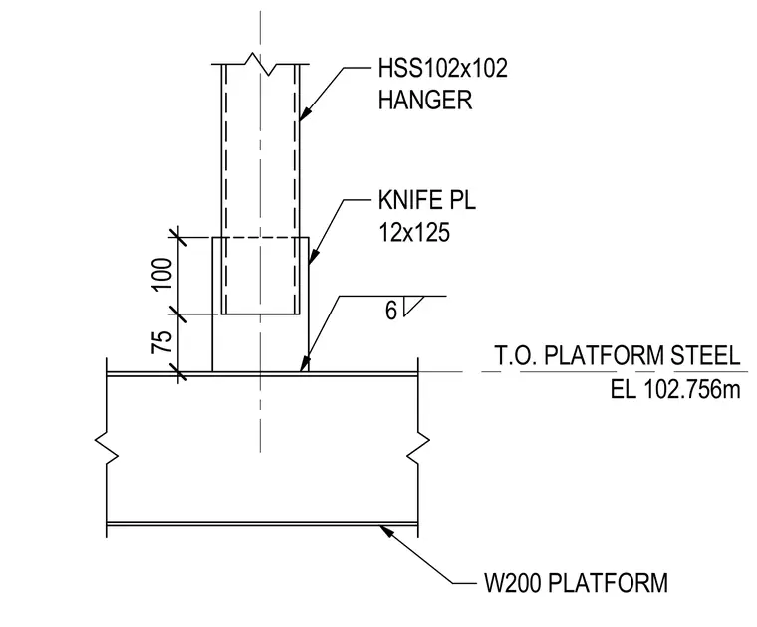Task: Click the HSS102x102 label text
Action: tap(442, 68)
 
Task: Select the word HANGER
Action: tap(425, 101)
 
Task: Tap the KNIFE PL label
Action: tap(427, 200)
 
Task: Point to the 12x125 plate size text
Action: tap(414, 232)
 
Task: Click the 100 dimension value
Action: tap(162, 274)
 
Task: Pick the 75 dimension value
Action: tap(162, 342)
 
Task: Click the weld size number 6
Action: tap(391, 311)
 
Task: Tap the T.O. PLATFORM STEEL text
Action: tap(617, 356)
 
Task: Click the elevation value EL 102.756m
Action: tap(675, 389)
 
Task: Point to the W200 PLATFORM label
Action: tap(576, 582)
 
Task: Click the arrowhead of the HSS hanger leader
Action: tap(304, 112)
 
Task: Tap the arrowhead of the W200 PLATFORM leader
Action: tap(386, 531)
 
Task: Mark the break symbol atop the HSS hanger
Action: tap(260, 64)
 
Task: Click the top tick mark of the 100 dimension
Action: tap(178, 237)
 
